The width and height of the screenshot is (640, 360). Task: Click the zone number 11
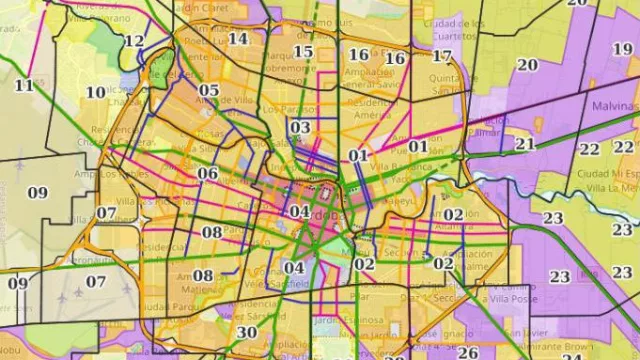pos(24,86)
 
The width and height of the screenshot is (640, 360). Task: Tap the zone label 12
pos(134,41)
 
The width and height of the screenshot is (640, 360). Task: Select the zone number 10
pos(96,92)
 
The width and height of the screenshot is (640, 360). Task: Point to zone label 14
pos(238,39)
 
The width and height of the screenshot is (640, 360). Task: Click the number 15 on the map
pos(304,52)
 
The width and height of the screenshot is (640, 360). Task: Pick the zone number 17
pos(442,56)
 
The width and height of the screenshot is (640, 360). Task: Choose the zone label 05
pos(209,91)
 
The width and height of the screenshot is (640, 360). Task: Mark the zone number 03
pos(300,127)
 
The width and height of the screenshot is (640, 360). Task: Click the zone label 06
pos(208,173)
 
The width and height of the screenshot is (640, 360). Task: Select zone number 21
pos(525,143)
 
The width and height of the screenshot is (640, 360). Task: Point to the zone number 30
pos(247,333)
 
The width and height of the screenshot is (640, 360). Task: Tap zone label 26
pos(468,352)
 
